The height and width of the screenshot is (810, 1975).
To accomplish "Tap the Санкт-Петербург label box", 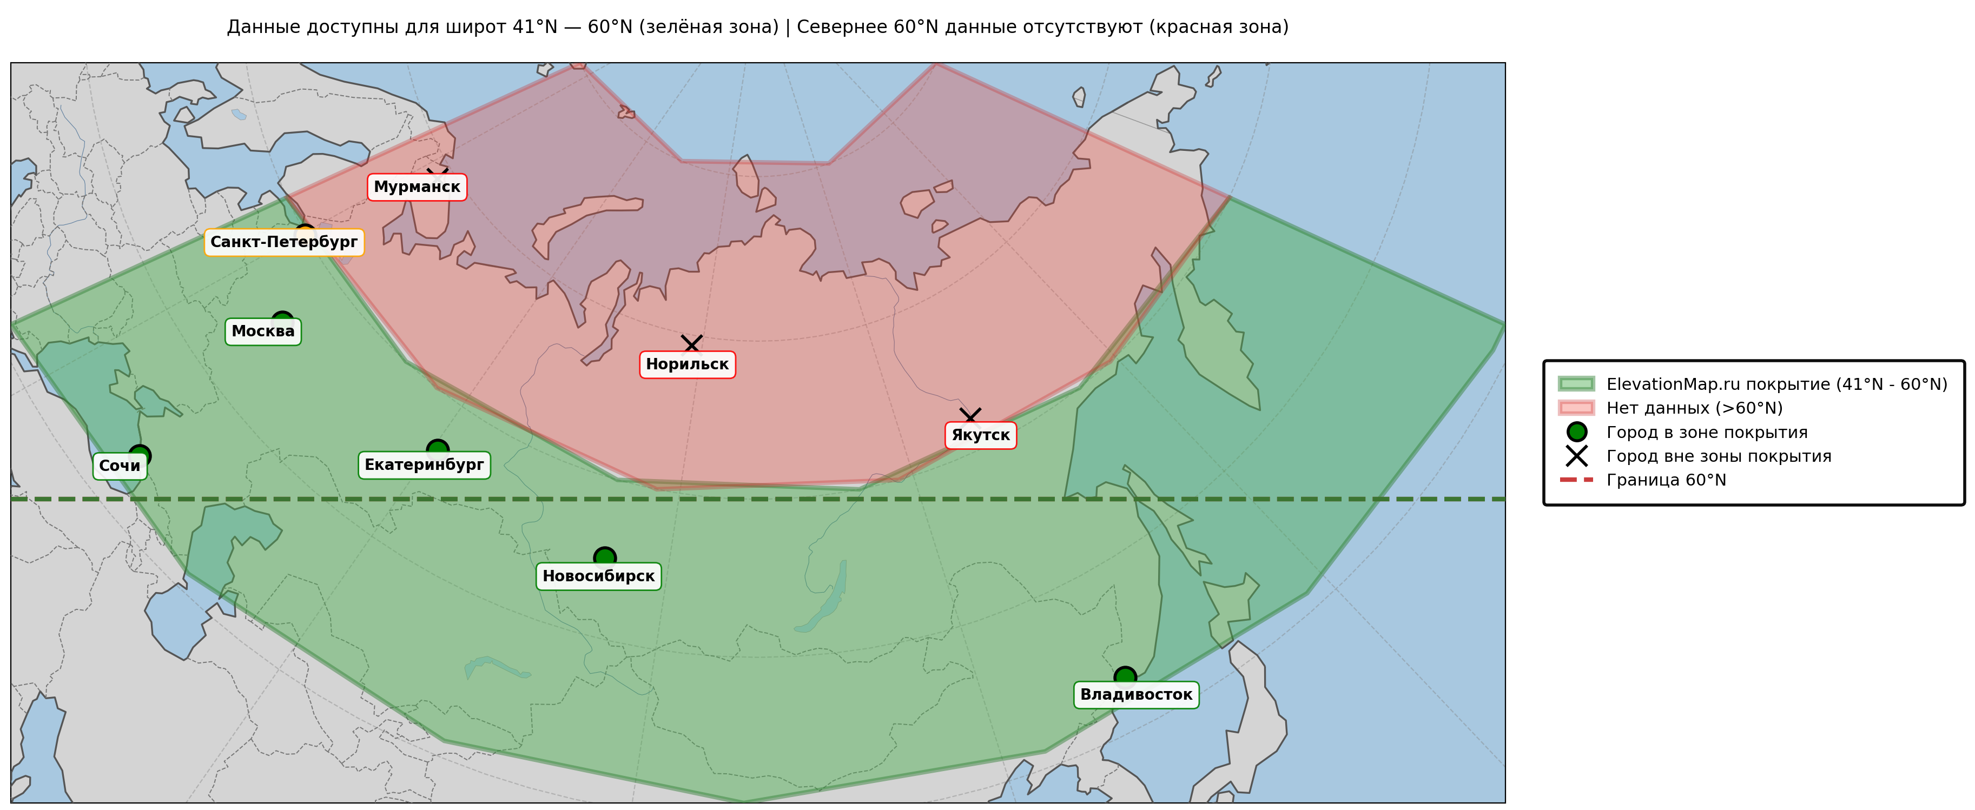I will click(283, 242).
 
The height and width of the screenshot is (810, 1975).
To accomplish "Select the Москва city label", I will click(263, 331).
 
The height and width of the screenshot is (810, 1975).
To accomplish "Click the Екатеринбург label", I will click(424, 465).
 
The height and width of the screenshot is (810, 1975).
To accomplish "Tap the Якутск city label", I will click(981, 435).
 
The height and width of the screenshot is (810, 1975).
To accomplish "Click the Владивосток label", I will click(1136, 695).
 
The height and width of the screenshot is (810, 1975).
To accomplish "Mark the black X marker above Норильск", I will click(691, 343).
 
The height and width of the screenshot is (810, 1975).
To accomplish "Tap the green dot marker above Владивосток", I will click(1125, 676).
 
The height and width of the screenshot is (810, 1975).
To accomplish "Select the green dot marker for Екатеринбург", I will click(438, 448).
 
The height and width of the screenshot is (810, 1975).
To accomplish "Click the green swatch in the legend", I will click(1576, 384).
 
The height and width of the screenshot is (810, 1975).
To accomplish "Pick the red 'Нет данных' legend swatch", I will click(1576, 408).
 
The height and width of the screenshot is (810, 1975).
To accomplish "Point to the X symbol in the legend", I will click(1576, 456).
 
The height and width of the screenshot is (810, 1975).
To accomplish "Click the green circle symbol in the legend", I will click(1576, 432).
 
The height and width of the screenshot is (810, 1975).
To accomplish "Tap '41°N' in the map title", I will click(534, 27).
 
